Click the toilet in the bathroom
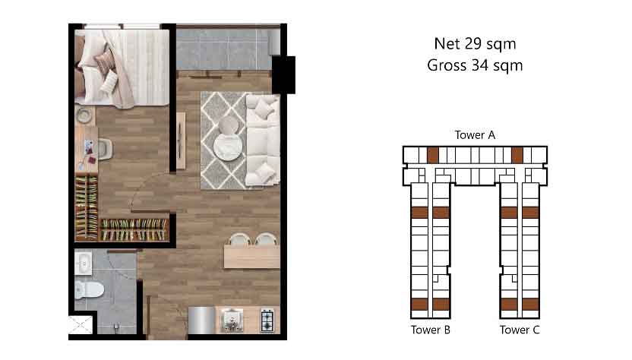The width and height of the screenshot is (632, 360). tap(89, 289)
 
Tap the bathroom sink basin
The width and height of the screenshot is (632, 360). tap(84, 264)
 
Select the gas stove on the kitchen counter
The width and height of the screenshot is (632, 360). tap(267, 321)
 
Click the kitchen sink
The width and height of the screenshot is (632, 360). tap(232, 321)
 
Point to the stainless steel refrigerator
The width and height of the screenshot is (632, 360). tap(202, 321)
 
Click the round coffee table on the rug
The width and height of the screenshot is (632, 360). tap(228, 147)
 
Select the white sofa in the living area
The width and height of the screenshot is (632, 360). tap(262, 140)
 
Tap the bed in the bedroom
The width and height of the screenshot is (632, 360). tap(122, 68)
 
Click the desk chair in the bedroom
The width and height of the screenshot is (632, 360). tap(105, 149)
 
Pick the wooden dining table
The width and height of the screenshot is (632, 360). tap(252, 257)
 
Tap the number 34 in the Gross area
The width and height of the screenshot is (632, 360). tap(482, 65)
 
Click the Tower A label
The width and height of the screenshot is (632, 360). tap(475, 135)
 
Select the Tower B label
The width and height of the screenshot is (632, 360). tap(431, 330)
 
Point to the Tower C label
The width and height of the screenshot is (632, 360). tap(520, 330)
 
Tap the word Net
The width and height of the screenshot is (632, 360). tap(447, 43)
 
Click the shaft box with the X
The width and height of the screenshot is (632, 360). tap(81, 325)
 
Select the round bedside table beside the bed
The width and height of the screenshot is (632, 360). tap(84, 115)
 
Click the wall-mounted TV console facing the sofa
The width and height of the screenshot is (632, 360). tap(181, 141)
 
